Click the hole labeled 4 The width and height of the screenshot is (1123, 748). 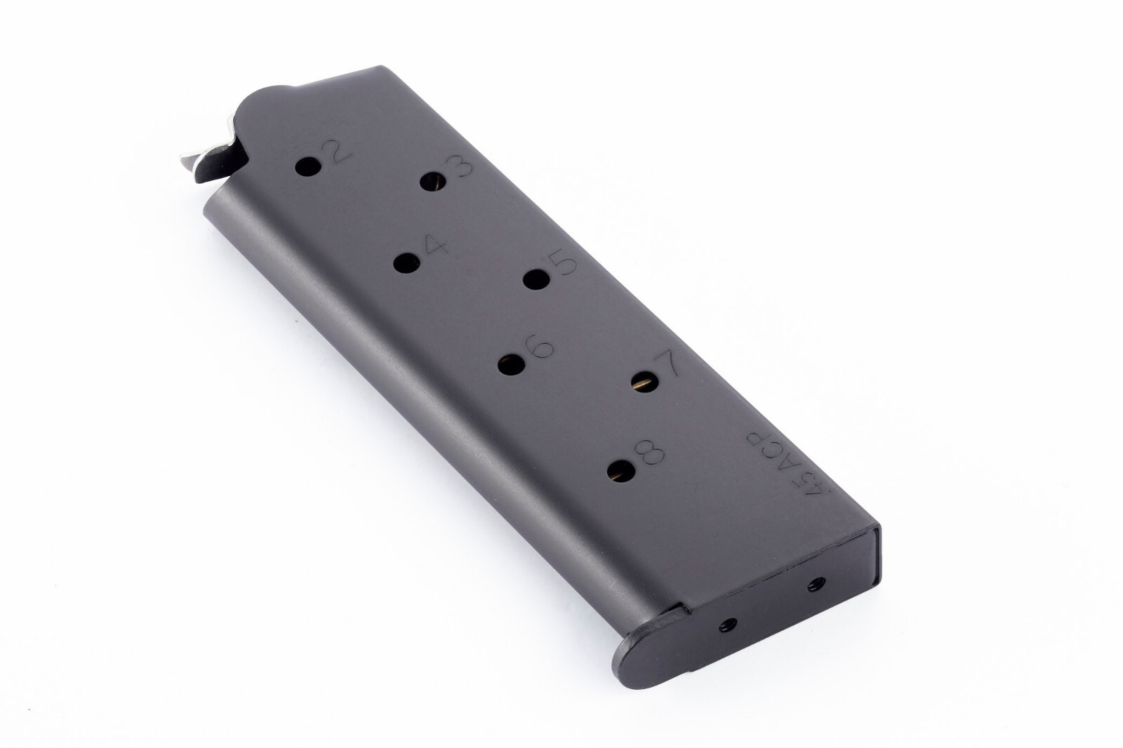(406, 264)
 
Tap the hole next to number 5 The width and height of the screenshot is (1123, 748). (536, 279)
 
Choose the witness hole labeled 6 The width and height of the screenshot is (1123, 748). (511, 365)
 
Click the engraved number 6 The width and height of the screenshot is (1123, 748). (539, 349)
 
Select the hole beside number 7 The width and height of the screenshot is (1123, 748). (643, 381)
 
